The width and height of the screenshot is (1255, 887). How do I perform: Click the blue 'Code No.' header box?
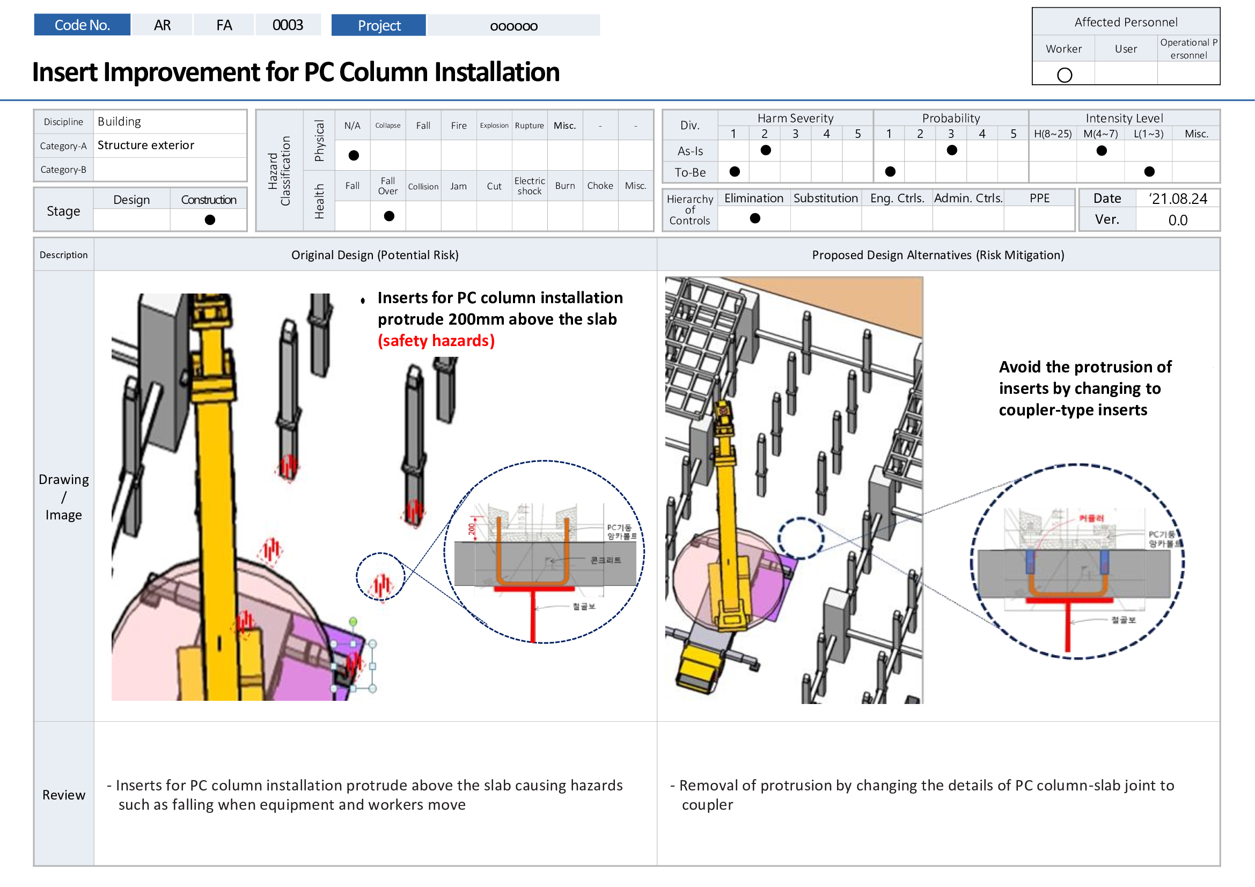(82, 25)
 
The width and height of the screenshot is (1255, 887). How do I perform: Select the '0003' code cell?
(288, 25)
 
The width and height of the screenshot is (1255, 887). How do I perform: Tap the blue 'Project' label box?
(378, 25)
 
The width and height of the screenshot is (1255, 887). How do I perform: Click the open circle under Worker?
(1063, 75)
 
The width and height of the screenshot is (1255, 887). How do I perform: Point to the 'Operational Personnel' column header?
(1188, 49)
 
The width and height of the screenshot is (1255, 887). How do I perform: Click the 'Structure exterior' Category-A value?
(145, 145)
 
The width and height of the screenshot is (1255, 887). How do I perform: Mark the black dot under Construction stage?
(209, 219)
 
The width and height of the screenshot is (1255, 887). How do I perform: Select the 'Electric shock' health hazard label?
(529, 186)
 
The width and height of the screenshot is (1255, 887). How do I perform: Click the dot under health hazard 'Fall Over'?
(388, 216)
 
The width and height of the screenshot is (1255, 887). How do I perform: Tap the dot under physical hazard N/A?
(353, 156)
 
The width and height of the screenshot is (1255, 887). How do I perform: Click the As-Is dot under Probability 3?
(951, 150)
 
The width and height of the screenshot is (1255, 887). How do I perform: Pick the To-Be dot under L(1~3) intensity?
(1149, 172)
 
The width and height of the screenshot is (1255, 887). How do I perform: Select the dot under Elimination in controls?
(754, 218)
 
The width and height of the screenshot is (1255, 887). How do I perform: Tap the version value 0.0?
(1177, 220)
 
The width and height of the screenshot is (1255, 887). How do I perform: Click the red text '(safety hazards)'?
(436, 341)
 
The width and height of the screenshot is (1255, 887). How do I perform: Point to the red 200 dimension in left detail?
(471, 529)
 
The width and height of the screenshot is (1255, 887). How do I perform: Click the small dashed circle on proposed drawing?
(800, 538)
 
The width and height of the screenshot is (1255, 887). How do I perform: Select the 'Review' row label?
(63, 795)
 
